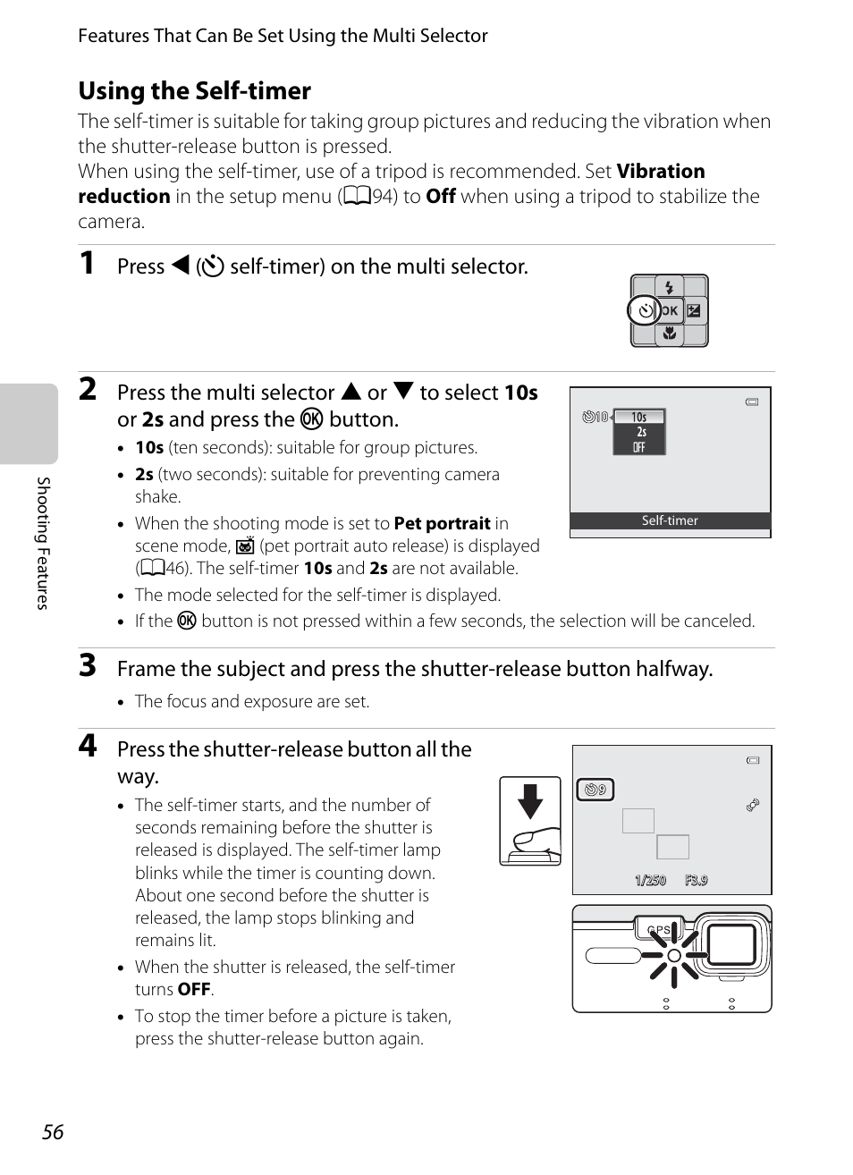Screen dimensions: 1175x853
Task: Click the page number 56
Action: coord(53,1132)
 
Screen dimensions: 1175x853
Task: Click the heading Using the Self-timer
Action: coord(194,91)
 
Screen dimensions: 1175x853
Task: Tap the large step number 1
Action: coord(87,263)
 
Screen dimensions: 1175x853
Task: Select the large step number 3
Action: coord(87,665)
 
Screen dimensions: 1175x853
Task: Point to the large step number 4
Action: coord(87,746)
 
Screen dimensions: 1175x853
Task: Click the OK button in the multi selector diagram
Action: coord(670,311)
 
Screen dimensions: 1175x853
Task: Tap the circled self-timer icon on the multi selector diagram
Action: coord(644,311)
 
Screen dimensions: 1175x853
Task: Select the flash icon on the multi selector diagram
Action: coord(669,288)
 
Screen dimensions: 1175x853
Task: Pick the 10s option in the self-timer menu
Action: coord(638,417)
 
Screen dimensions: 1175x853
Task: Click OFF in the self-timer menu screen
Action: coord(638,447)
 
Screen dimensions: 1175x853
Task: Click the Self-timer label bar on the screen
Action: coord(670,520)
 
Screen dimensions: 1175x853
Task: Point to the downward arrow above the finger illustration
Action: coord(530,801)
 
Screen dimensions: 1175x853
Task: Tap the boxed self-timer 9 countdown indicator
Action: coord(595,790)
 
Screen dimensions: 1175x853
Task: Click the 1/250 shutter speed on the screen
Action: coord(650,881)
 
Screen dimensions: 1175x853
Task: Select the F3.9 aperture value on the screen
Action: coord(696,881)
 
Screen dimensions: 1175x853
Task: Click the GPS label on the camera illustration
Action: coord(659,930)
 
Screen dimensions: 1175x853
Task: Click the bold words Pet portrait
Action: coord(442,524)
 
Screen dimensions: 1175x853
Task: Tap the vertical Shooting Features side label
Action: coord(42,543)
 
